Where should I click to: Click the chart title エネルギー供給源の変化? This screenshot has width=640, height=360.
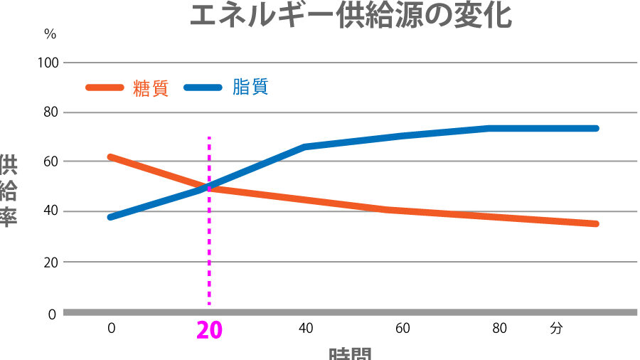coord(351,15)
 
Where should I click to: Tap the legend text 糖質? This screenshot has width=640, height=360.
coord(151,88)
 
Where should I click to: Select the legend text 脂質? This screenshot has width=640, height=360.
coord(250,88)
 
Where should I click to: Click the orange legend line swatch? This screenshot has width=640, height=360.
coord(105,88)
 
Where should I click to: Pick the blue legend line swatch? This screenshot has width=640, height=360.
coord(205,88)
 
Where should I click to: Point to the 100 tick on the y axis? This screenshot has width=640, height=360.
coord(50,63)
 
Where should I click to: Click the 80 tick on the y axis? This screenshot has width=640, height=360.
coord(50,112)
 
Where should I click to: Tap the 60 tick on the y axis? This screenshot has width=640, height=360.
coord(50,162)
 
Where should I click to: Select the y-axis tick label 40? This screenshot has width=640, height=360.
coord(50,211)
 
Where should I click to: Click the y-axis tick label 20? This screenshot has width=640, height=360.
coord(50,262)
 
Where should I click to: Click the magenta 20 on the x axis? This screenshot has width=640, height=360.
coord(209,332)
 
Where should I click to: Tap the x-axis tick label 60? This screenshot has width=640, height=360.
coord(402,329)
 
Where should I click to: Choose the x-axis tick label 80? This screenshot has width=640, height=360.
coord(499,329)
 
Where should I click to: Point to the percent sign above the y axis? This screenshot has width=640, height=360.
coord(50,33)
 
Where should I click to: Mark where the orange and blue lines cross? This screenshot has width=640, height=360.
coord(208,187)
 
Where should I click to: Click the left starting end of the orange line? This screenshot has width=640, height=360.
coord(111,157)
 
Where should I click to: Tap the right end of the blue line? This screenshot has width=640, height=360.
coord(596,128)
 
